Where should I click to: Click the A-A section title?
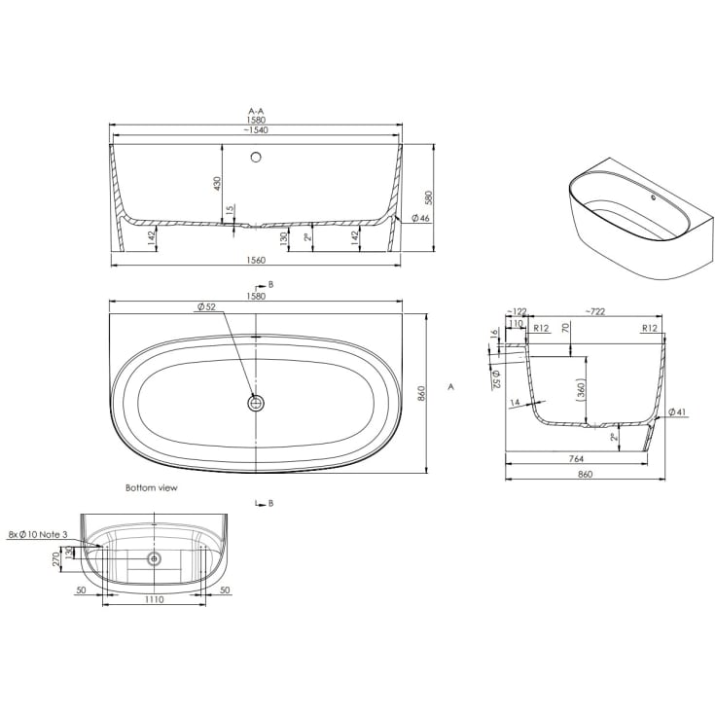[x=256, y=111]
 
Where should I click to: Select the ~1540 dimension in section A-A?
[x=256, y=130]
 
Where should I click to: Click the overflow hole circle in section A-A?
[x=256, y=157]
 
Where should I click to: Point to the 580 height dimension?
[x=428, y=197]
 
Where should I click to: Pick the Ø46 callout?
[x=420, y=219]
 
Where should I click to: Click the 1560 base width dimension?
[x=256, y=261]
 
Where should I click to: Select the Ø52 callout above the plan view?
[x=206, y=307]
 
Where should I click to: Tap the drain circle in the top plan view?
[x=256, y=403]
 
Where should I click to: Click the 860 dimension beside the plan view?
[x=421, y=394]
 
